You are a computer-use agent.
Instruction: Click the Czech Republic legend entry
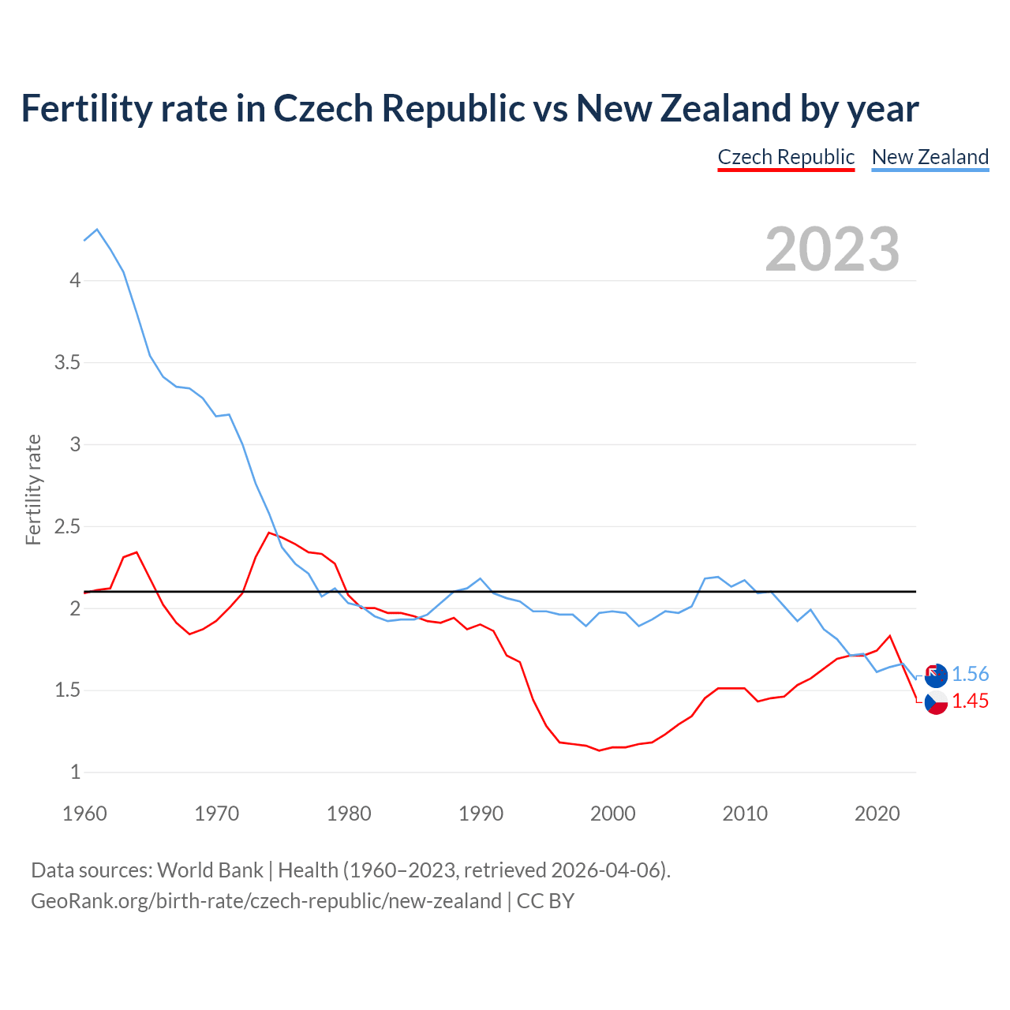(786, 157)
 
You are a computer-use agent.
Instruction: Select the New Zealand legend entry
(930, 157)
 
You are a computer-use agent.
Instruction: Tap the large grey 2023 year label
(832, 249)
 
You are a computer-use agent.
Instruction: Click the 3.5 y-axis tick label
(67, 362)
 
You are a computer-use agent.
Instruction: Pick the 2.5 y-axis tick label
(67, 526)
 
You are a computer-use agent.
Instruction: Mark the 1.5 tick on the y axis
(67, 690)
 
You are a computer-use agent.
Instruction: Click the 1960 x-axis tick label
(84, 814)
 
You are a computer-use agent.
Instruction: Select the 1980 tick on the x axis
(349, 814)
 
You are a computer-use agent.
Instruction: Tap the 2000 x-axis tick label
(612, 814)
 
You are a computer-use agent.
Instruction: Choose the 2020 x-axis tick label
(877, 814)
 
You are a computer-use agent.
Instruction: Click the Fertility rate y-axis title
(33, 489)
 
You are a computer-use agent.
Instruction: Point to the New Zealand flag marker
(936, 675)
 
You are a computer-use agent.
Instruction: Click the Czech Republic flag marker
(936, 701)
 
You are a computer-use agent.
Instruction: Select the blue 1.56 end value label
(970, 674)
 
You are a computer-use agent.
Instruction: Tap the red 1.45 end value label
(970, 701)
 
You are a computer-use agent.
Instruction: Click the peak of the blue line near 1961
(97, 230)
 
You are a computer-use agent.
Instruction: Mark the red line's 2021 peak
(890, 635)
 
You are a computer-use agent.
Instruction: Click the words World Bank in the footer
(210, 870)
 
